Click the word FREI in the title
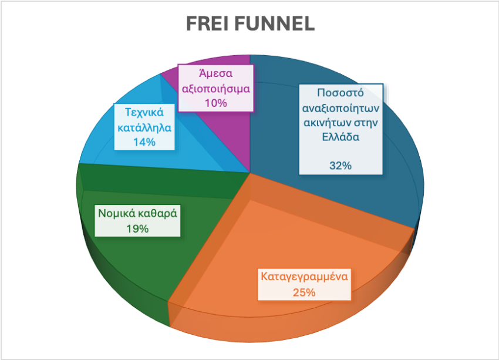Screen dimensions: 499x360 pos(207,23)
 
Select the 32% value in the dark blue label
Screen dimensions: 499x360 pos(340,166)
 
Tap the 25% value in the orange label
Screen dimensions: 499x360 pos(304,292)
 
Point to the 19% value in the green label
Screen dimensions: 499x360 pos(137,228)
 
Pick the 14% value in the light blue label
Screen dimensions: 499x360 pos(144,142)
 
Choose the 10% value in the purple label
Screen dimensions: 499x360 pos(216,103)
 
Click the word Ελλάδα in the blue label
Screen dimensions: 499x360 pos(340,137)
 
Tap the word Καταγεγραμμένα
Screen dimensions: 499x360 pos(304,276)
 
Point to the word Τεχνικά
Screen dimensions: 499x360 pos(144,112)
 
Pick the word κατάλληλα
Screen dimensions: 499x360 pos(144,127)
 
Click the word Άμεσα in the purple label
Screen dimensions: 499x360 pos(216,73)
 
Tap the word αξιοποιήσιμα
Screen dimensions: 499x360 pos(216,89)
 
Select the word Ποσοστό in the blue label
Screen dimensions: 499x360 pos(340,93)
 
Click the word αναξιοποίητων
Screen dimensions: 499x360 pos(340,108)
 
